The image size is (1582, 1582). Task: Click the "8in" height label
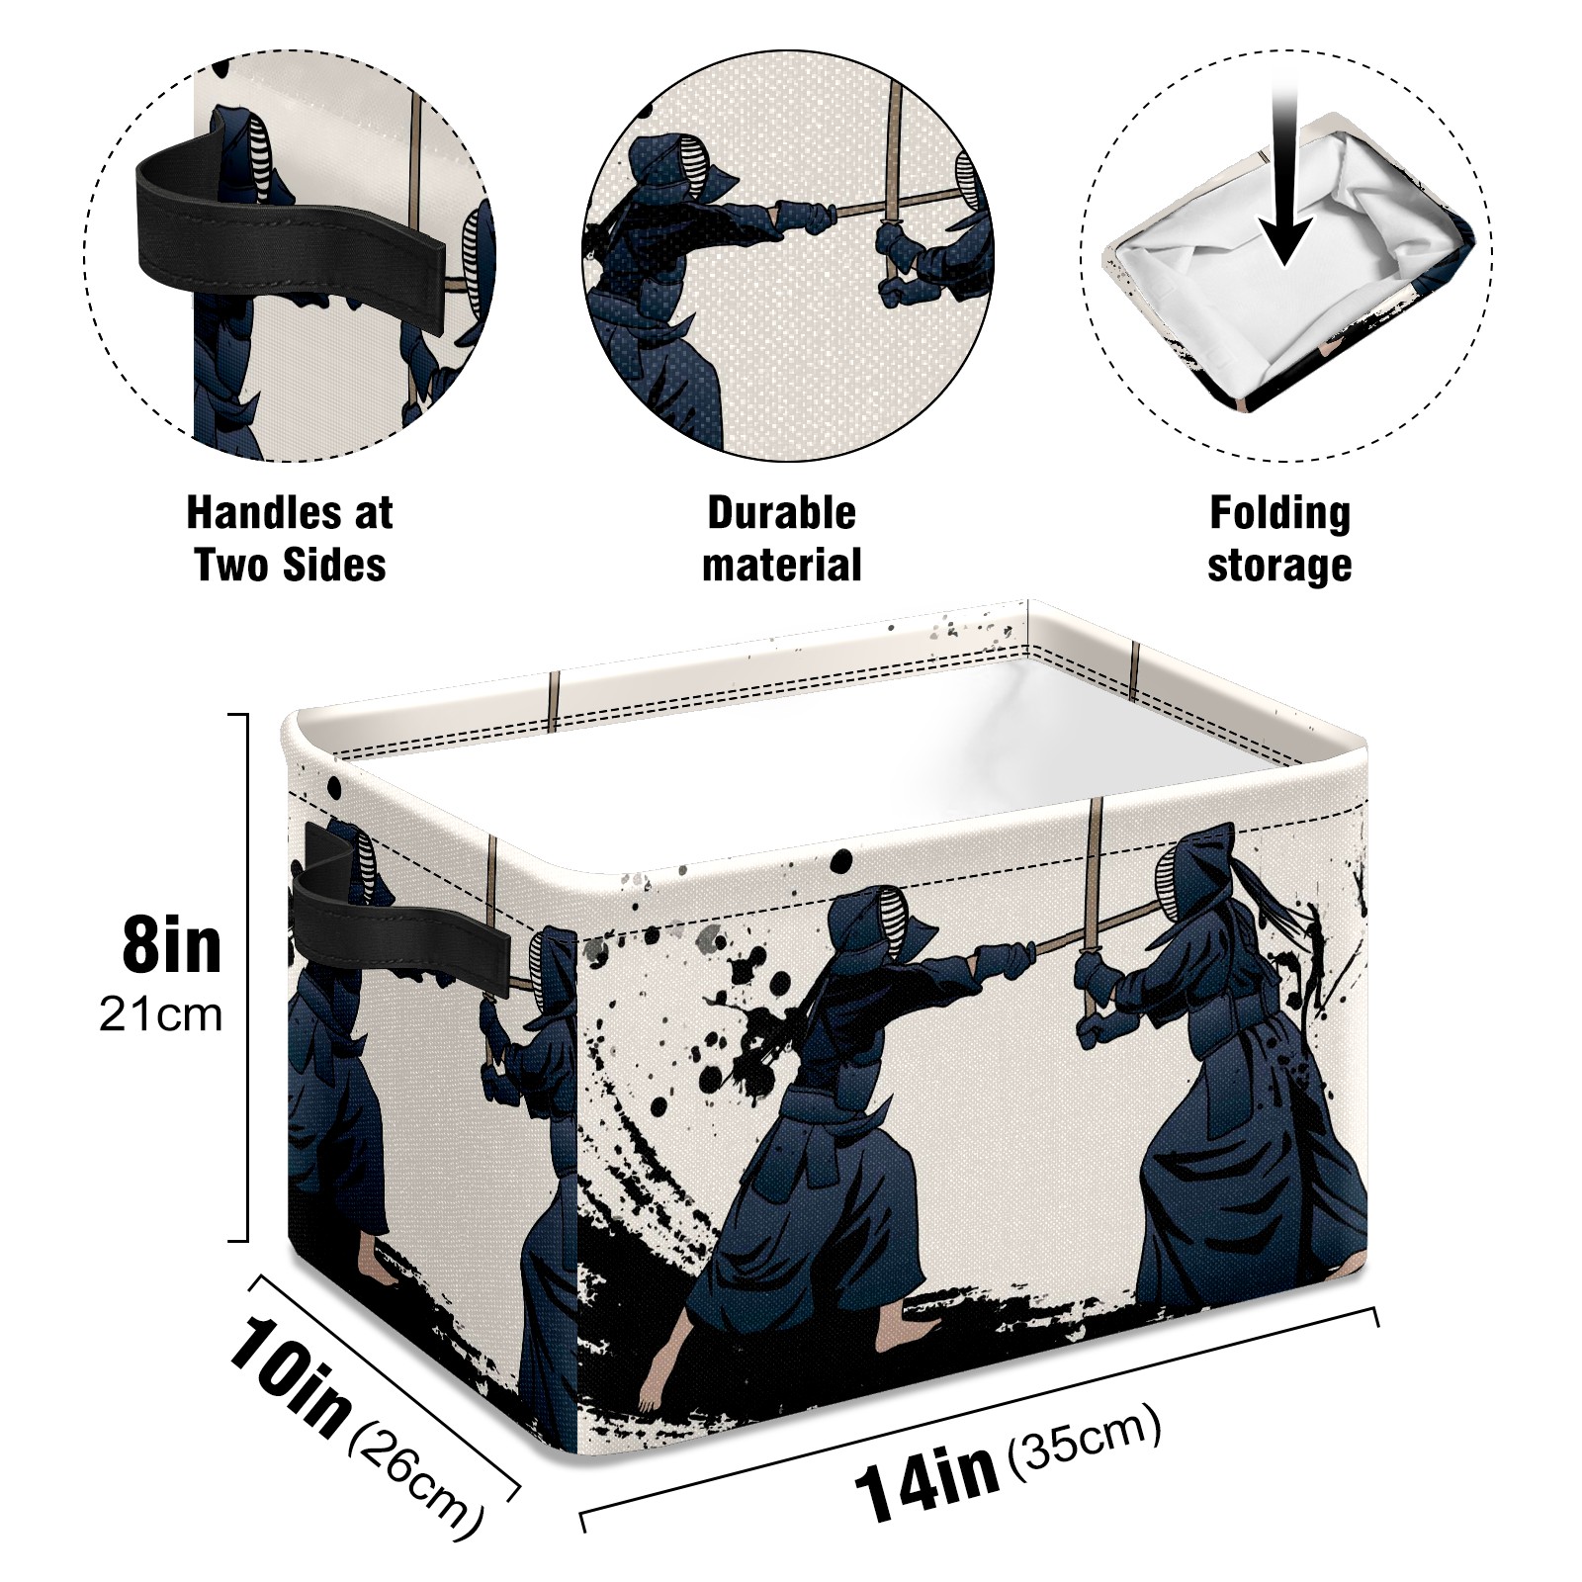click(172, 945)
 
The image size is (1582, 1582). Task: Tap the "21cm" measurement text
click(160, 1015)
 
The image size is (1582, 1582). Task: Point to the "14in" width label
click(926, 1478)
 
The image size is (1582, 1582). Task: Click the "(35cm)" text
click(1084, 1441)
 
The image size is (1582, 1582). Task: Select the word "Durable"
click(781, 513)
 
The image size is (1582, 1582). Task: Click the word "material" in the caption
click(781, 566)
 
